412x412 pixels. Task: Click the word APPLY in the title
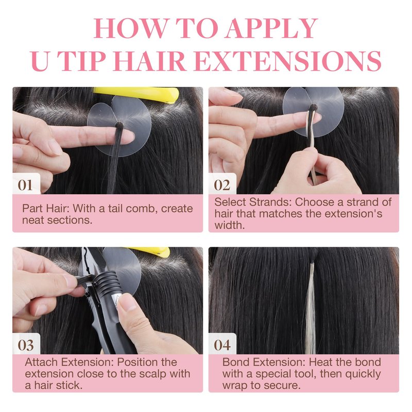271,28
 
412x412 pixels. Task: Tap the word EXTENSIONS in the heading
288,61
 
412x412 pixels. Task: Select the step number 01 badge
25,185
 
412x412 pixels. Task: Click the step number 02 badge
222,185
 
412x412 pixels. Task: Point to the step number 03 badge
26,345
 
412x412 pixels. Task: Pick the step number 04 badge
222,345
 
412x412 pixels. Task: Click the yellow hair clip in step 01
136,94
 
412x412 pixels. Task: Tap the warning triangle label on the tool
118,300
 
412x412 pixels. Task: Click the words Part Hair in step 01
45,209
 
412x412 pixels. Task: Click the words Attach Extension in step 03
69,363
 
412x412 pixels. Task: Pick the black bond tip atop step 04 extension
312,259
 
